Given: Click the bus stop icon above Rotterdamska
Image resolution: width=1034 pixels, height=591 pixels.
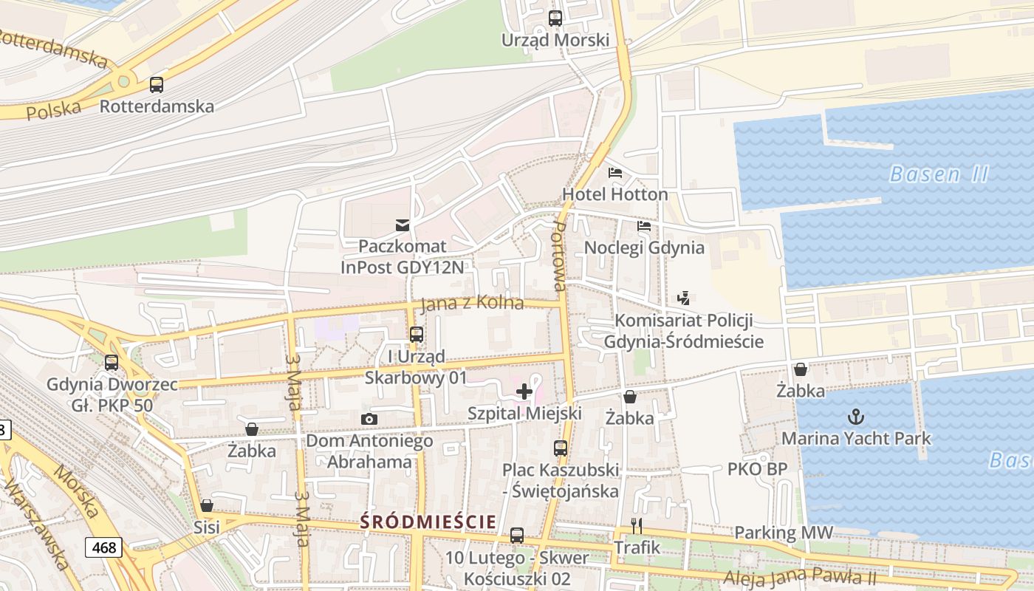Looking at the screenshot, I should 157,84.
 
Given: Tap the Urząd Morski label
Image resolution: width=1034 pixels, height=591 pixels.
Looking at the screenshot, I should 555,40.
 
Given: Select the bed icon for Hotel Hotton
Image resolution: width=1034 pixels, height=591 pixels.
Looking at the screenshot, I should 614,174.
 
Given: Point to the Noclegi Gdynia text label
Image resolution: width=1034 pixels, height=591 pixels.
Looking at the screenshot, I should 644,247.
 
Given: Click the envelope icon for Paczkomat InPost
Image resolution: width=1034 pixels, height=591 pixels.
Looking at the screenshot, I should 403,225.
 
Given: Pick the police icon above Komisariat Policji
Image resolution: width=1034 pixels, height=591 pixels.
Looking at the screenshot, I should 683,298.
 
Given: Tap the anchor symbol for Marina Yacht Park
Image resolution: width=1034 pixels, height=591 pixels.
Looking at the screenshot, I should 855,417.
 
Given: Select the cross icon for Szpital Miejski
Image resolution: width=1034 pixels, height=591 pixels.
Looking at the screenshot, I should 524,391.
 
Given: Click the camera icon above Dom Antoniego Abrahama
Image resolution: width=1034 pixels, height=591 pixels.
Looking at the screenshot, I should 369,420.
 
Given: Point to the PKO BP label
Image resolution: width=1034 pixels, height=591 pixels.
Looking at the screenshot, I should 757,468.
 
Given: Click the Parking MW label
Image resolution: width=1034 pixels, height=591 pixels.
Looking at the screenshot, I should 783,532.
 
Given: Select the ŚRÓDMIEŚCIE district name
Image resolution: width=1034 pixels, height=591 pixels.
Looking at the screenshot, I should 428,522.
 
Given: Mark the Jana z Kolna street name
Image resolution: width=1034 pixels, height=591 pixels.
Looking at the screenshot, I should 472,304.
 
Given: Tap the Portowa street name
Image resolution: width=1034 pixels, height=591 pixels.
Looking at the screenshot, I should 559,255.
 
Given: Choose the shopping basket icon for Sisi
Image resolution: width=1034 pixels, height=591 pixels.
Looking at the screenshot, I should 207,506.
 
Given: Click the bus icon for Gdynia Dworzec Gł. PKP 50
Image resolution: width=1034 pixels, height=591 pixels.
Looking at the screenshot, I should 112,363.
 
